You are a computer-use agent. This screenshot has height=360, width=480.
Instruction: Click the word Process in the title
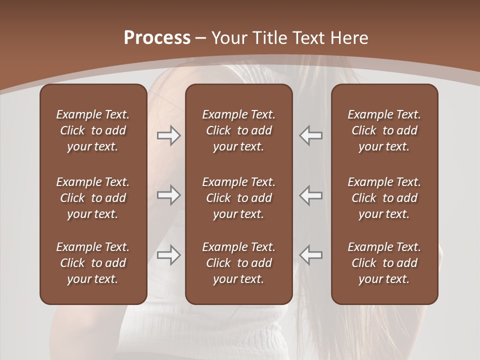tap(157, 38)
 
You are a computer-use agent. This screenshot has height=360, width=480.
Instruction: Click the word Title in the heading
tap(269, 38)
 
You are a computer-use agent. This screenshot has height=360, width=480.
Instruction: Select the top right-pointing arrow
tap(169, 135)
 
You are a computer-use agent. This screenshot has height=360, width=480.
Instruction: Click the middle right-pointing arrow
tap(169, 195)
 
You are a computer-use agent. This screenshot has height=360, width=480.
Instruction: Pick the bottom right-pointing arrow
tap(169, 255)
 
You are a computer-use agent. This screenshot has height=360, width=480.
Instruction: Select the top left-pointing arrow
tap(310, 135)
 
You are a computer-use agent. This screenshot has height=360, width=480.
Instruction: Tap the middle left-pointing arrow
tap(310, 195)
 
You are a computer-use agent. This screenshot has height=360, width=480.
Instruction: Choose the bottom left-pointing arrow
tap(310, 255)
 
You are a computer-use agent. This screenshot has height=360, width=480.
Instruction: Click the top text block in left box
tap(93, 130)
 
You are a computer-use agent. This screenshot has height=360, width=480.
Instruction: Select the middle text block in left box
tap(93, 198)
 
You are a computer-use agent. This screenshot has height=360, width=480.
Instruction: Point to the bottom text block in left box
tap(93, 263)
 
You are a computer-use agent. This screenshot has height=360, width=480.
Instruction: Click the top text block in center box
tap(238, 130)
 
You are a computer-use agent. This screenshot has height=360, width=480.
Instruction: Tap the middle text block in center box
tap(238, 198)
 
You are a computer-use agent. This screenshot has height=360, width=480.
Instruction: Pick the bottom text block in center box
tap(238, 263)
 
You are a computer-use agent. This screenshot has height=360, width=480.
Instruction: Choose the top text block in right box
tap(384, 130)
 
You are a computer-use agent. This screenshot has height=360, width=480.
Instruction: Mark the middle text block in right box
tap(384, 198)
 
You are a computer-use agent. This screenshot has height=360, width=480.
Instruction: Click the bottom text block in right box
tap(384, 263)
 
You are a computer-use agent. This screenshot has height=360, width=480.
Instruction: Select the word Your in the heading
tap(229, 38)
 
